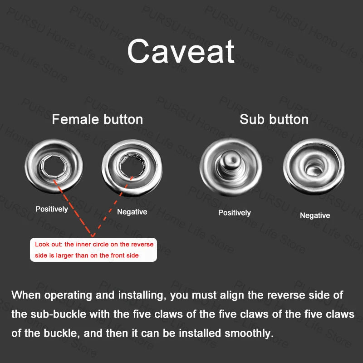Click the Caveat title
click(x=181, y=51)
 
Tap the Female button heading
click(x=97, y=119)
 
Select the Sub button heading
click(x=274, y=119)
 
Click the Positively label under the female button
click(x=52, y=209)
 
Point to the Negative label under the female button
click(x=132, y=211)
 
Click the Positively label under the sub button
click(x=235, y=213)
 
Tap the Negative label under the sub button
click(x=315, y=215)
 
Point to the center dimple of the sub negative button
click(x=314, y=168)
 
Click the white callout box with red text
click(x=93, y=250)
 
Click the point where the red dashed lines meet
click(x=93, y=236)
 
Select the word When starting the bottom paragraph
click(x=26, y=295)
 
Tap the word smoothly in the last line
click(x=249, y=334)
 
